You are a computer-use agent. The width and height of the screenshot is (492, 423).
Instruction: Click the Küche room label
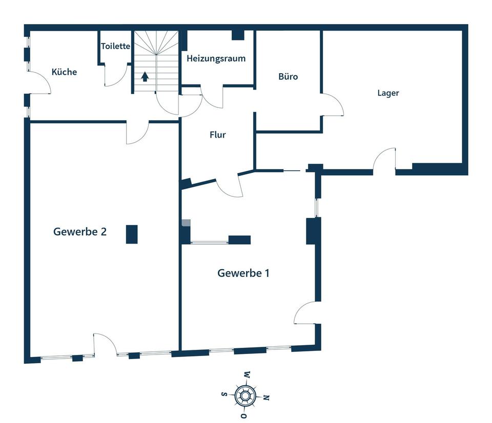coord(65,72)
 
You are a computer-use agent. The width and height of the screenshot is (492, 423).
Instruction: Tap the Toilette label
coord(115,47)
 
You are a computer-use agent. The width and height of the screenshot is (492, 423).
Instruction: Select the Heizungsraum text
coord(216,58)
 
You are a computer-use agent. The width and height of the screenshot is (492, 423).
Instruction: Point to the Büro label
coord(288,76)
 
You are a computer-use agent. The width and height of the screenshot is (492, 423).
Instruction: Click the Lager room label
coord(388,93)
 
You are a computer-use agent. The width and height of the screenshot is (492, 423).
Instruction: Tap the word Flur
coord(218,135)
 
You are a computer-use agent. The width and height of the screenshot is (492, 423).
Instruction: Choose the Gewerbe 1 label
coord(243,273)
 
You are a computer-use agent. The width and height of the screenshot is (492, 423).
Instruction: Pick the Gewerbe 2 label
coord(80,232)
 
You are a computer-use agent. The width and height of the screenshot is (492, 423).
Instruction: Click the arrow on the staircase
coord(145,77)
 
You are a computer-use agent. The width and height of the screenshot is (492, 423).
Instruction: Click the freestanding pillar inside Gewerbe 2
coord(132,234)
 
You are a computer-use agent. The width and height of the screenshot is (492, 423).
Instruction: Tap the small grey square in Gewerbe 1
coord(187,222)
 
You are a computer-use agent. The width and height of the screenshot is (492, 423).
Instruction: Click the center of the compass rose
coord(245,396)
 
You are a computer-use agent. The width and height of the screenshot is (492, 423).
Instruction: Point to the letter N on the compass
coord(266,397)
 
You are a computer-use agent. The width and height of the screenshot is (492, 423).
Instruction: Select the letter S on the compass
coord(224,394)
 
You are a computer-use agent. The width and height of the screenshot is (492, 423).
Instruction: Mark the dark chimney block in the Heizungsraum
coord(238,35)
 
